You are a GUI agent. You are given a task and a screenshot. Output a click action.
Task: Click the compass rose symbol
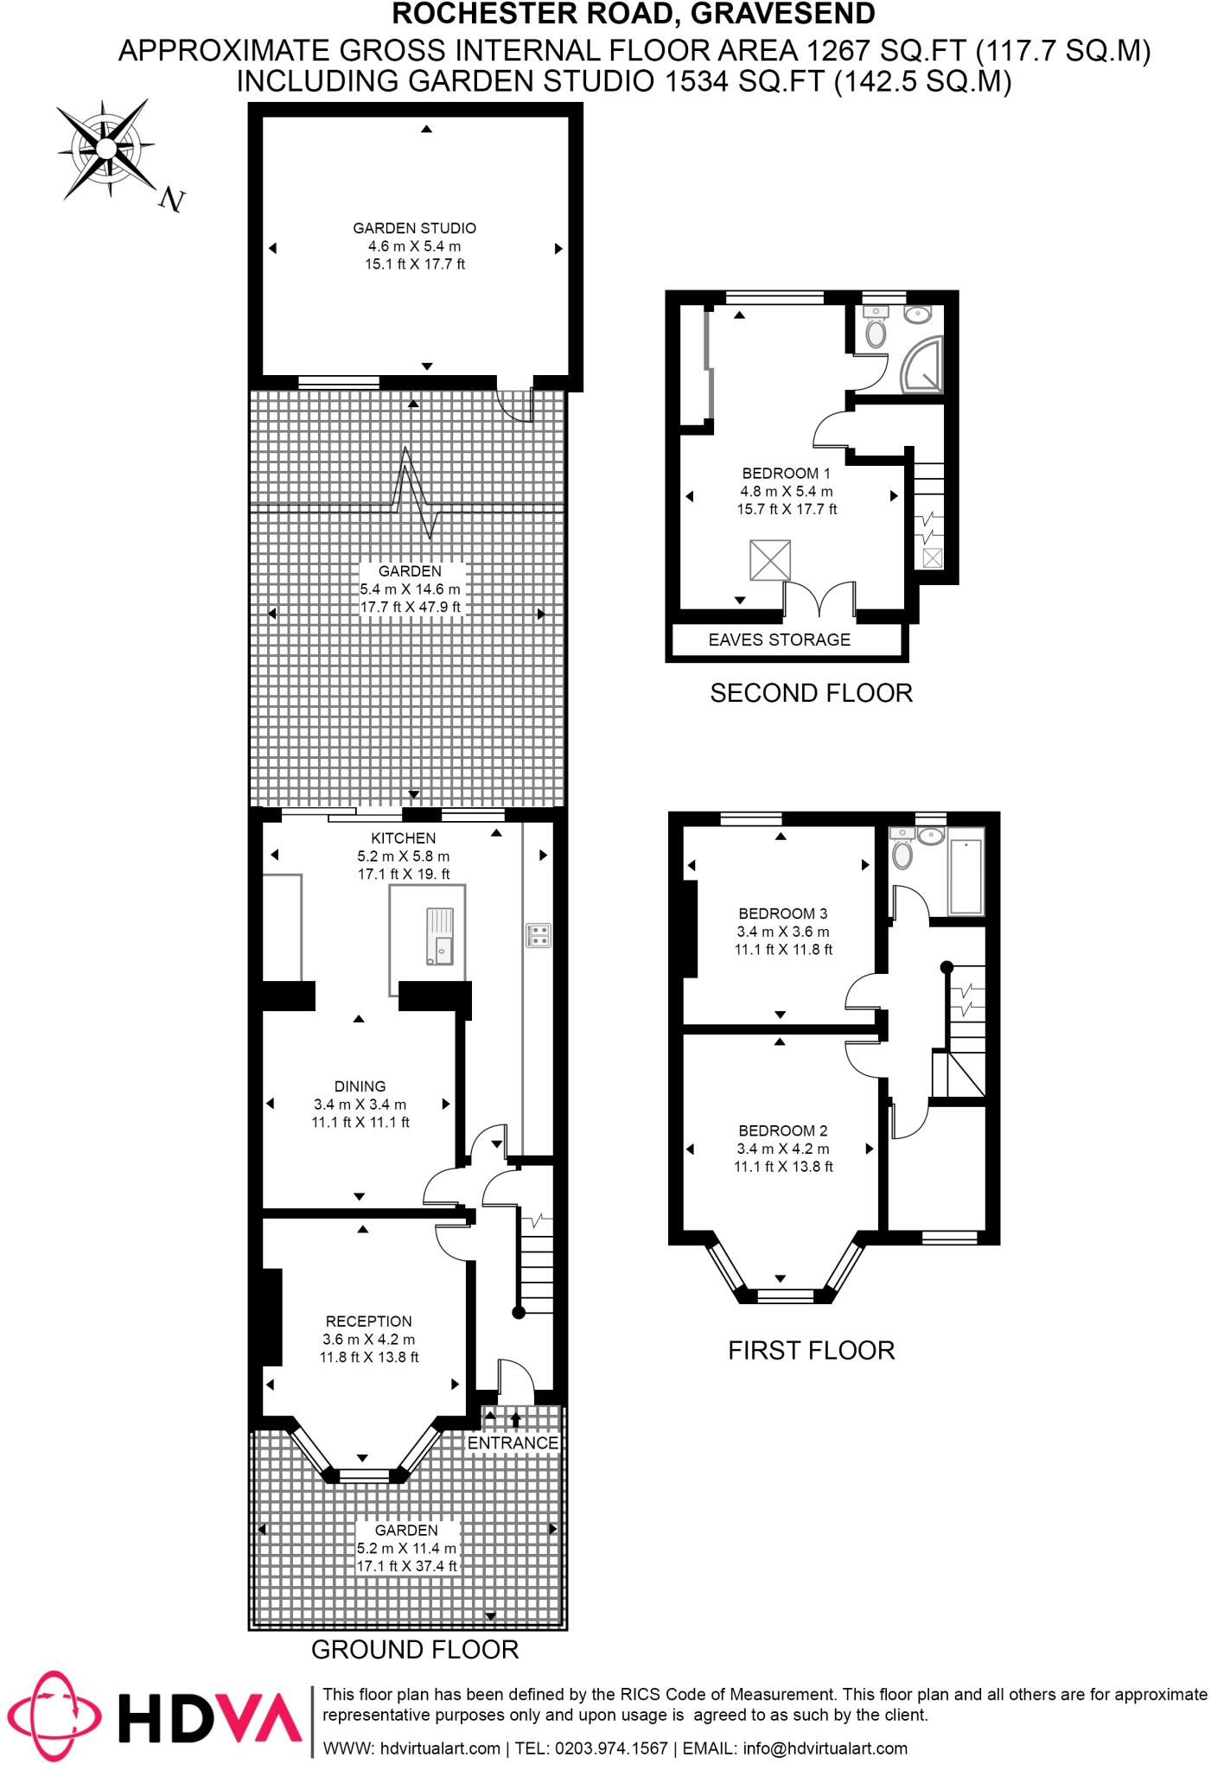point(105,150)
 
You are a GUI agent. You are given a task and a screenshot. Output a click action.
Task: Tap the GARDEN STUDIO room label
point(414,228)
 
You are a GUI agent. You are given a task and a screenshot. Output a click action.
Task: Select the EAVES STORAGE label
point(779,640)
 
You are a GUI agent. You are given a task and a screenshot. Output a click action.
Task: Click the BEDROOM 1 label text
point(786,473)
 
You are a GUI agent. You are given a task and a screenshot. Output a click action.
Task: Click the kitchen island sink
point(439,936)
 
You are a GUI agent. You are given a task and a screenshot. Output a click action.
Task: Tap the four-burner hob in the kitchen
point(538,935)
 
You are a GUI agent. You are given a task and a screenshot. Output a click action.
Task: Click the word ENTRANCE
point(513,1442)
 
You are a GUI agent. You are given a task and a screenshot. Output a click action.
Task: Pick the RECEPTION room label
point(368,1321)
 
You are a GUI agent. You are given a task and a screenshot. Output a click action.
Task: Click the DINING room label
point(360,1086)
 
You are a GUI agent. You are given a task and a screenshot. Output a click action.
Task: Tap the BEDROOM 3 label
point(782,914)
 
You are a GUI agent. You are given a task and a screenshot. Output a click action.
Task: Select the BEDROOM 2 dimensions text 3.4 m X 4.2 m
point(782,1149)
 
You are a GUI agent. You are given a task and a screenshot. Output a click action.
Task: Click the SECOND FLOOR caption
point(811,693)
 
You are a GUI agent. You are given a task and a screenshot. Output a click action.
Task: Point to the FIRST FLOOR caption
point(811,1350)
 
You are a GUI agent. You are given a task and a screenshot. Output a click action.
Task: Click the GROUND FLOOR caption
point(414,1649)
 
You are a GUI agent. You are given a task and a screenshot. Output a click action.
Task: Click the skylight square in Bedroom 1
point(769,560)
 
